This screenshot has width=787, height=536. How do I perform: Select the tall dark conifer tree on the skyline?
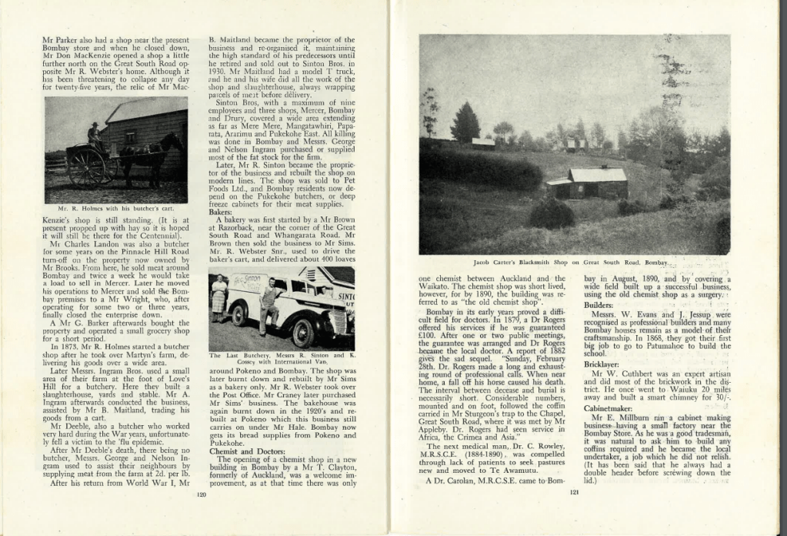[465, 123]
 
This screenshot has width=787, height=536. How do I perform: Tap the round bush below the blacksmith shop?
[552, 213]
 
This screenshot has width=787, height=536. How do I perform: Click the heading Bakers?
[221, 211]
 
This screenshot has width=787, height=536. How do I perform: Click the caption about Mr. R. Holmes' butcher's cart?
[116, 208]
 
